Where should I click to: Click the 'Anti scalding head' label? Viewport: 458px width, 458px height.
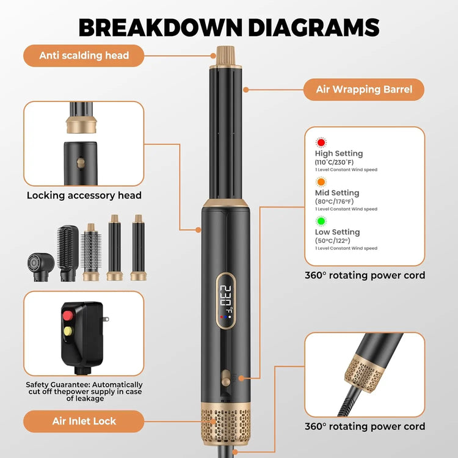[84, 56]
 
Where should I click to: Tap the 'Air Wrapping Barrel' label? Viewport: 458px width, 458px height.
[364, 89]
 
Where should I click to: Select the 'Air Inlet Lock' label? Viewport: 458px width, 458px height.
[84, 421]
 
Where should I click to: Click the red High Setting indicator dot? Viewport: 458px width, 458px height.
[321, 142]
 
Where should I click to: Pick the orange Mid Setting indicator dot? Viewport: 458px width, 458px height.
[321, 182]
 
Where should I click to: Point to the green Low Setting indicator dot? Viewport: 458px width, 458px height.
[321, 221]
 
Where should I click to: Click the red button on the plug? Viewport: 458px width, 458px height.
[68, 316]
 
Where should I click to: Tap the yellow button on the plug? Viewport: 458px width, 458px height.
[68, 331]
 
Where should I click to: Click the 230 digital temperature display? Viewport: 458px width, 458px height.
[227, 296]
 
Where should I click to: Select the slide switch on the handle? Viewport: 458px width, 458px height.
[226, 377]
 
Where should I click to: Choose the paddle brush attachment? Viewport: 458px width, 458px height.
[68, 253]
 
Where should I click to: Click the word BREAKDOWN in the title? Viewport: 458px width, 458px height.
[161, 27]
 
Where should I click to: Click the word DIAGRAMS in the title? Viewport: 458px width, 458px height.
[314, 27]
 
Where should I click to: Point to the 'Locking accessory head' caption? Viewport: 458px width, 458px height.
[84, 195]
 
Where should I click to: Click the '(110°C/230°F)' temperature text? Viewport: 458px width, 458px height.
[334, 162]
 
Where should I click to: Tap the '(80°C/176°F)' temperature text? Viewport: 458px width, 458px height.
[334, 202]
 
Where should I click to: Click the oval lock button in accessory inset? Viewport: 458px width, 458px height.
[81, 162]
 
